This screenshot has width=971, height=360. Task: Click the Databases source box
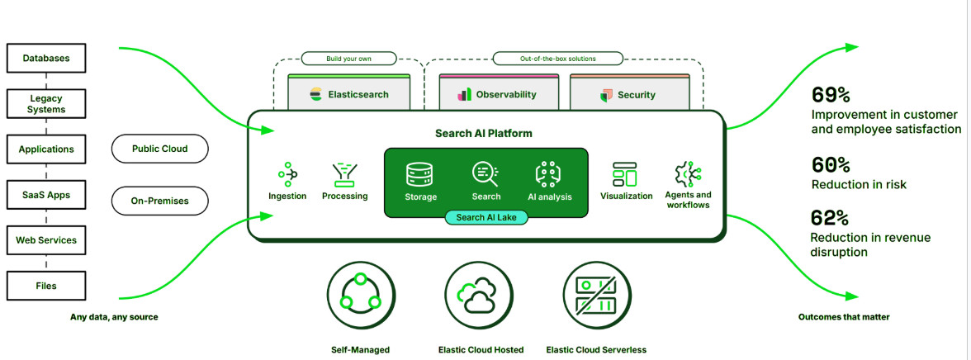coord(45,59)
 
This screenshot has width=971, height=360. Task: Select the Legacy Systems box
coord(45,103)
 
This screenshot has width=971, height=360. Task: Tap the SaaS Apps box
coord(45,196)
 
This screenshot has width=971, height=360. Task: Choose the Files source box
coord(45,287)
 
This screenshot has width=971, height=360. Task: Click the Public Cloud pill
coord(159,149)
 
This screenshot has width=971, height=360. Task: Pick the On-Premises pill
coord(159,201)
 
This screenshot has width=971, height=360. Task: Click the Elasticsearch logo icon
coord(315,95)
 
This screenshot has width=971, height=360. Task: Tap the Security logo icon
coord(607,95)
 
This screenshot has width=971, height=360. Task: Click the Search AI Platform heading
coord(484,133)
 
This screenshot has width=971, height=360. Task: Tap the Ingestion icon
coord(287,173)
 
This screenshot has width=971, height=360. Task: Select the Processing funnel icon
coord(344,173)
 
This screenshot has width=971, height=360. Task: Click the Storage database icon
coord(420,173)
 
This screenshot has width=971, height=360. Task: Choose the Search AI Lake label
coord(486,216)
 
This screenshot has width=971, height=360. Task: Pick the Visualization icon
coord(625,173)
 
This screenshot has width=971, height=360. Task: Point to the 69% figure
coord(831,94)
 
